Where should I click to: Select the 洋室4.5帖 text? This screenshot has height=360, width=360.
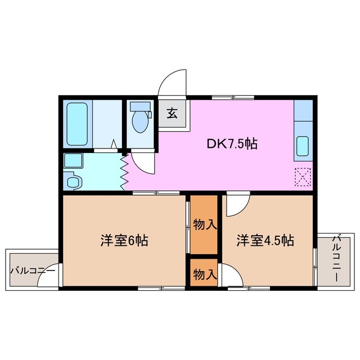pyautogui.click(x=265, y=241)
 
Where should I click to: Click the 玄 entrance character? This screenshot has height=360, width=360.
pyautogui.click(x=172, y=113)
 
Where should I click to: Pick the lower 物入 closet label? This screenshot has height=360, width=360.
pyautogui.click(x=204, y=274)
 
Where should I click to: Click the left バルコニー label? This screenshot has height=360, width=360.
pyautogui.click(x=32, y=271)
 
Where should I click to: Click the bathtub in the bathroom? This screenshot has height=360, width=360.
pyautogui.click(x=76, y=124)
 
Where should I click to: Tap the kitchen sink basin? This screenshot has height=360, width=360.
pyautogui.click(x=302, y=147)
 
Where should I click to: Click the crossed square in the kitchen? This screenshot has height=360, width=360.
pyautogui.click(x=303, y=177)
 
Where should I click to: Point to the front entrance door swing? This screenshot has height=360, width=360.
pyautogui.click(x=172, y=84)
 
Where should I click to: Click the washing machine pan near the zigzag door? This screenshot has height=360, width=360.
pyautogui.click(x=74, y=181)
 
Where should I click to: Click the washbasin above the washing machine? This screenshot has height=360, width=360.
pyautogui.click(x=73, y=161)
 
